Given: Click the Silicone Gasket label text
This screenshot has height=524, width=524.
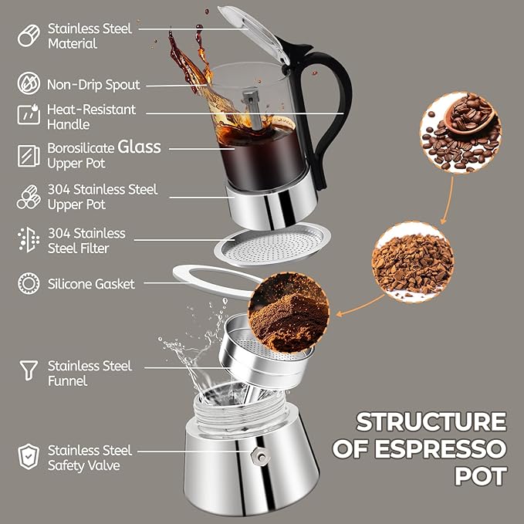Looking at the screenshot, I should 91,284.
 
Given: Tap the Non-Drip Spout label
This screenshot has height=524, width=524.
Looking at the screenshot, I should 93,84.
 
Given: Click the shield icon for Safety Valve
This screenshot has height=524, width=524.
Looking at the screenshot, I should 29,456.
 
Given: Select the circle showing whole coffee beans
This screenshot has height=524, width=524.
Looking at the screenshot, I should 460,131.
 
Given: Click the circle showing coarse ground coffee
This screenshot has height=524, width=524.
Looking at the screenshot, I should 411,262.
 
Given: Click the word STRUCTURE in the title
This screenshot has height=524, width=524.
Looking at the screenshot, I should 431,422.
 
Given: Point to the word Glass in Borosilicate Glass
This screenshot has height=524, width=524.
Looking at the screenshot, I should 140,147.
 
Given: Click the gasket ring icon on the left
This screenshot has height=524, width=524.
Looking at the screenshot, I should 29,284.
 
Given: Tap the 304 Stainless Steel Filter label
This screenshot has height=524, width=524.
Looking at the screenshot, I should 86,240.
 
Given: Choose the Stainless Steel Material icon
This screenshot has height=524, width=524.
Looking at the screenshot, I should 29,35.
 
